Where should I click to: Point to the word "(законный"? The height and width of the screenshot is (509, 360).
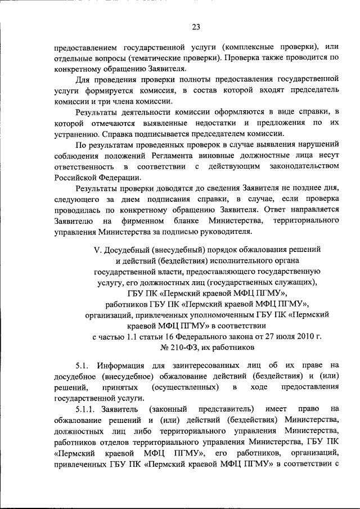tap(169, 410)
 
